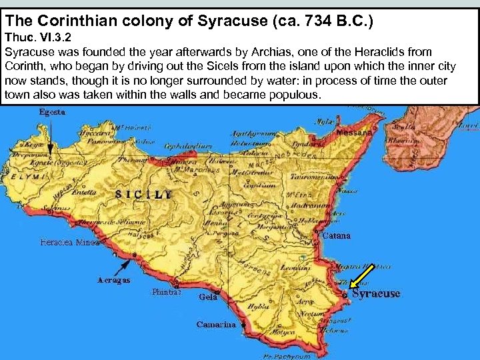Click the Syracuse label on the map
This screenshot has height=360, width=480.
click(376, 293)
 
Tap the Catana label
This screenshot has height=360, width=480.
click(336, 236)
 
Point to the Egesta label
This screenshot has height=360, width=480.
click(53, 113)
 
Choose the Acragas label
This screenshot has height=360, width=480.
click(113, 281)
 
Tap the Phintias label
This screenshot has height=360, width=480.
click(166, 292)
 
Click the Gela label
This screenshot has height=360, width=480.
click(208, 297)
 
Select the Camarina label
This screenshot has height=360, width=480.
click(216, 325)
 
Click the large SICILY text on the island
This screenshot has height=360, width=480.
click(143, 195)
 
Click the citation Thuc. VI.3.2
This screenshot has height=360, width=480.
click(38, 39)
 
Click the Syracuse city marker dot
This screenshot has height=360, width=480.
click(344, 293)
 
